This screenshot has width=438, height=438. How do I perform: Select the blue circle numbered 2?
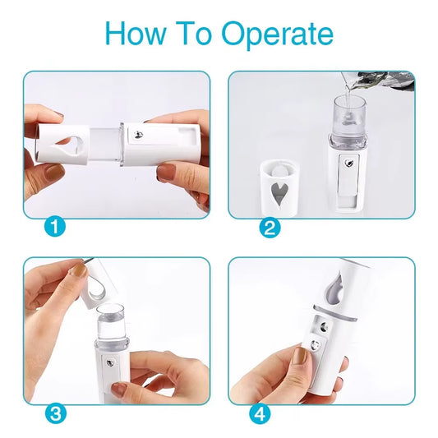270,228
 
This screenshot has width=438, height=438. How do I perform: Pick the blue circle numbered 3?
54,413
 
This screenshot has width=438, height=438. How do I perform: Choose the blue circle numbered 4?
260,413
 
